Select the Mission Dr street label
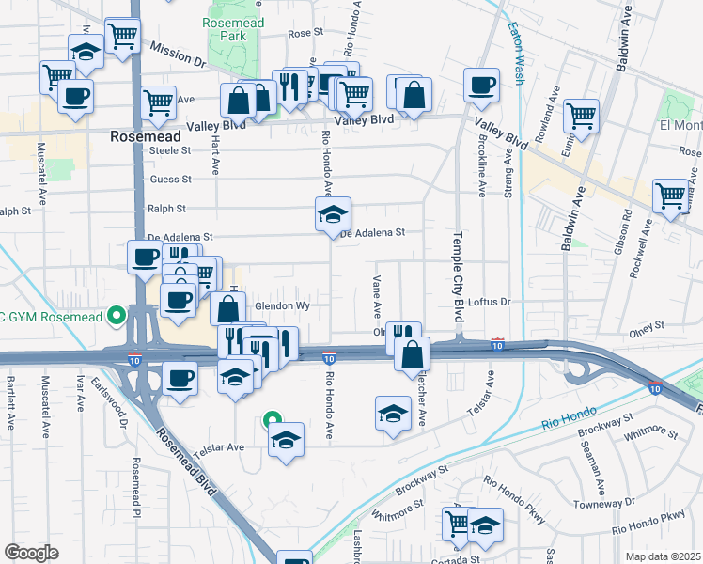tap(177, 54)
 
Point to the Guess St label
tap(170, 179)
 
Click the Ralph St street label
tap(166, 209)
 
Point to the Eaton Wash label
tap(518, 55)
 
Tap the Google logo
tap(31, 553)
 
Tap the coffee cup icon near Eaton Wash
tap(481, 86)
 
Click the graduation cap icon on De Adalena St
tap(333, 214)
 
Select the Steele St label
tap(170, 149)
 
